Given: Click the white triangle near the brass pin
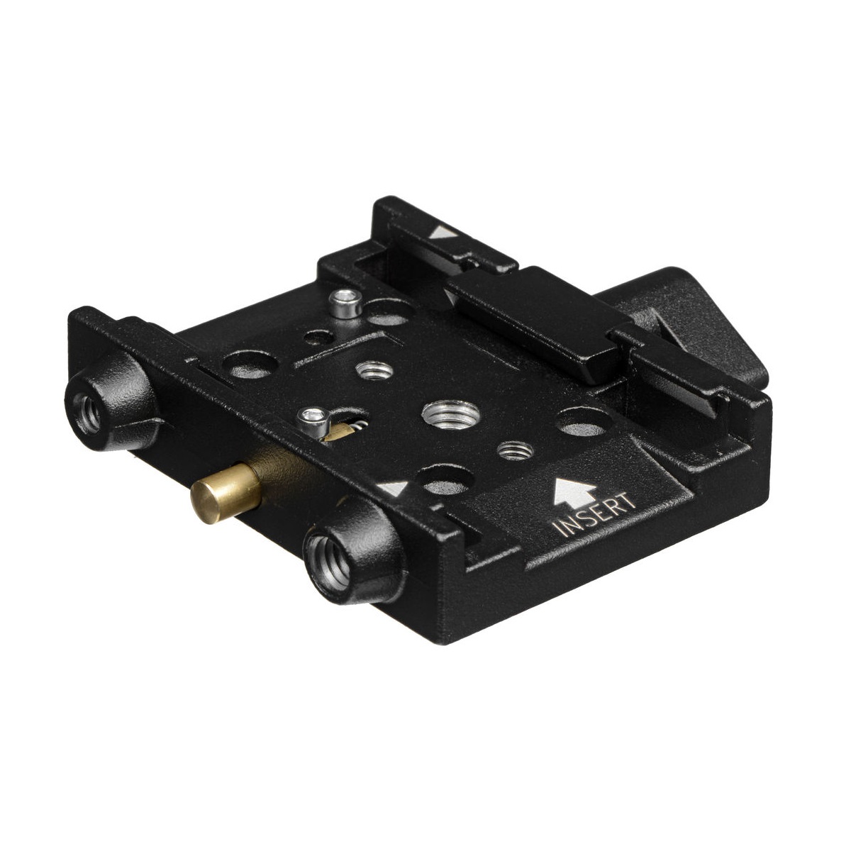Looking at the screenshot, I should click(x=394, y=489).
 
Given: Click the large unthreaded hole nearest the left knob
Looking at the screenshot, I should click(x=248, y=365).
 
